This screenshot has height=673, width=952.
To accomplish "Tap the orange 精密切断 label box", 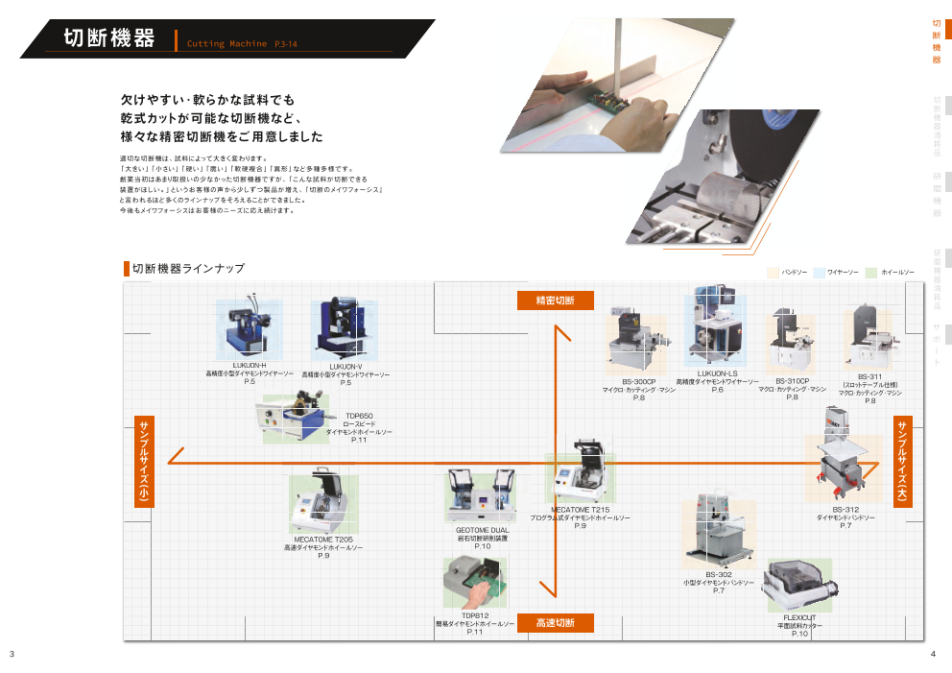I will coord(556,300).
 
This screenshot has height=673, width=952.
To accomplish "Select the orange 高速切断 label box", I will coord(556,622).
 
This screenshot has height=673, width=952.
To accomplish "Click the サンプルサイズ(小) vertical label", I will coord(142,462).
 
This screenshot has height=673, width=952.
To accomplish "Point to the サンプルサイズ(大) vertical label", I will coord(902,460).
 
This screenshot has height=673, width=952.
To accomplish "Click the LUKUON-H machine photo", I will coord(249,327).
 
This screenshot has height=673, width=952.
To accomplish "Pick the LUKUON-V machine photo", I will coord(344,329).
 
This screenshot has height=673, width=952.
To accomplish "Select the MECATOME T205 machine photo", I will coord(322,503).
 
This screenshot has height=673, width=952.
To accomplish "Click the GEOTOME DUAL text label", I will coord(482,530).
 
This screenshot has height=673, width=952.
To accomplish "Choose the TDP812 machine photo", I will coord(474,582).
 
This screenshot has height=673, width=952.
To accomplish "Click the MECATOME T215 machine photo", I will coord(581,473).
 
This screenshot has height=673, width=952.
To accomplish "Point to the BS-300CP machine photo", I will coord(635,344).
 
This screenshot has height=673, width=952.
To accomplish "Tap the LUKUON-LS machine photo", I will coord(715,326).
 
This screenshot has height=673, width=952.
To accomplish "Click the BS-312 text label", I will coord(845,509).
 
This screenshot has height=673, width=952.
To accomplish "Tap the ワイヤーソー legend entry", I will coord(842,273).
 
